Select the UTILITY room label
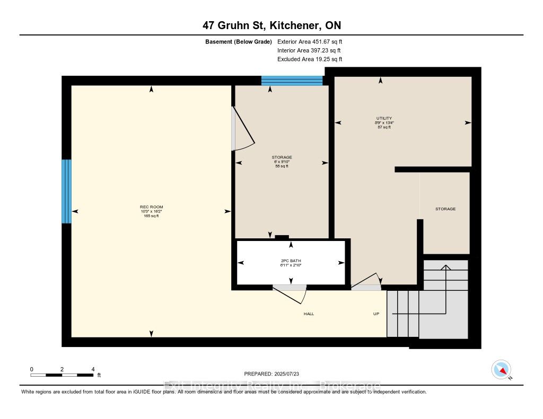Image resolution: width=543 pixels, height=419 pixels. click(384, 118)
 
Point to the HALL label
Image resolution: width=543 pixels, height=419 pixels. click(309, 314)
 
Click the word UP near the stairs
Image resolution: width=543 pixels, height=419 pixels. click(376, 314)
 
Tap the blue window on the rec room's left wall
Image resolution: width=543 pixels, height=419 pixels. click(66, 191)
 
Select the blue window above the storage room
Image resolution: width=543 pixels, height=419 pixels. click(292, 81)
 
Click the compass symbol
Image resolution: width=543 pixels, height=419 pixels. click(501, 369)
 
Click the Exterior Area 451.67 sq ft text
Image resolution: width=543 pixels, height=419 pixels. click(313, 41)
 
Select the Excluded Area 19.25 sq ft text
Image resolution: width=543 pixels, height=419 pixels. click(310, 59)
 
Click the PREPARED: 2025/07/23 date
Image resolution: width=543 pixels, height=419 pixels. click(271, 374)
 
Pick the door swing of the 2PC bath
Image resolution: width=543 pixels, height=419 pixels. click(293, 294)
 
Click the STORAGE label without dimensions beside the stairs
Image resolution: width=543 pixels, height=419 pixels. click(445, 209)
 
